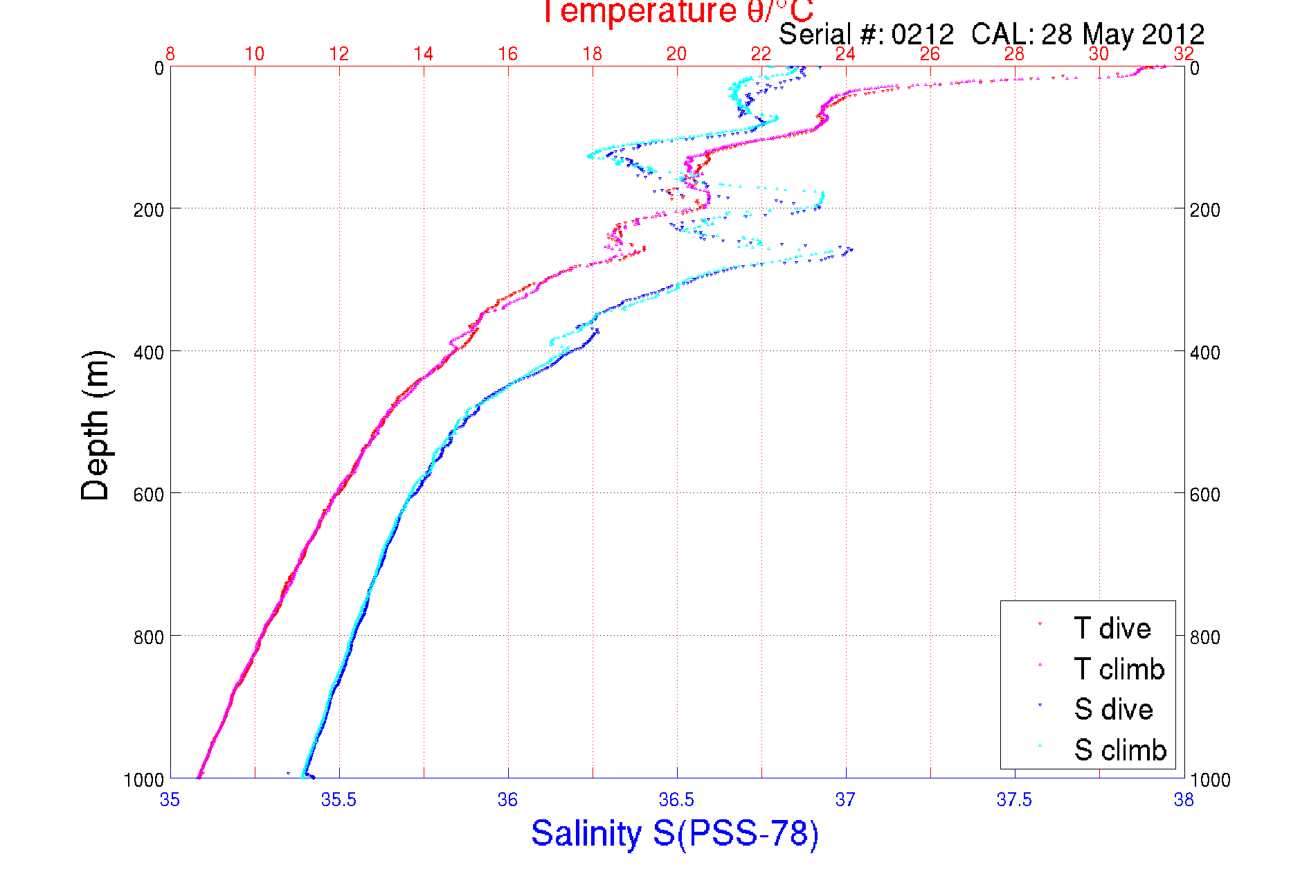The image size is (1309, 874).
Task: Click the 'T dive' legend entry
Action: (1112, 628)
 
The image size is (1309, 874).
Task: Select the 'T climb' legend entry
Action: (1119, 669)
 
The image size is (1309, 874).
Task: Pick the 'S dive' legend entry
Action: (1113, 709)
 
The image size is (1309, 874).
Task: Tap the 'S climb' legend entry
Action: (1120, 750)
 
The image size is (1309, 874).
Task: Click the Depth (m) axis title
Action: (96, 426)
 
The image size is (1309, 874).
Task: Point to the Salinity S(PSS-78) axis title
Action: (675, 832)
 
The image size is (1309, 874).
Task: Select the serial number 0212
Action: (922, 34)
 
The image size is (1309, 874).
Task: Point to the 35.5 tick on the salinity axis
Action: (338, 800)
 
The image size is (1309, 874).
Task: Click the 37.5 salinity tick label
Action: (1014, 800)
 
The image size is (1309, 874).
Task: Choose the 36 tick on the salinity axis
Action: (507, 800)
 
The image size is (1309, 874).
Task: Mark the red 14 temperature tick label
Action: (423, 54)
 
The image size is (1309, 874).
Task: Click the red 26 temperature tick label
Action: (930, 54)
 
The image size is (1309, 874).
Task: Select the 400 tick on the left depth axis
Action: (148, 353)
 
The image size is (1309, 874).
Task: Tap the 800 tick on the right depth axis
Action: (1204, 637)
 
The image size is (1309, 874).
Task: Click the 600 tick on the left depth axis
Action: (148, 494)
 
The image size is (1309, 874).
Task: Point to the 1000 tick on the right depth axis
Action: (1210, 780)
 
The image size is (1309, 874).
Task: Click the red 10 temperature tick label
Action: (254, 54)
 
